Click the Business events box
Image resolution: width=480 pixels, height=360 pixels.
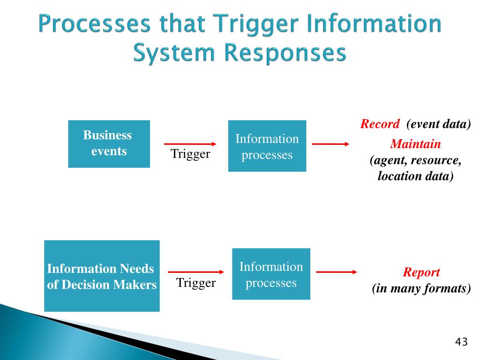click(109, 144)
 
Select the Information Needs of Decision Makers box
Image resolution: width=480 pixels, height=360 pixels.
click(102, 276)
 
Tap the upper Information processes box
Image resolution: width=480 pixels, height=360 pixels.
click(267, 146)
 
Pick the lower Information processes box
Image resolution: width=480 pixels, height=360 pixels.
click(271, 274)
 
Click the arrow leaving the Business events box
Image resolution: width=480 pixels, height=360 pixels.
click(190, 144)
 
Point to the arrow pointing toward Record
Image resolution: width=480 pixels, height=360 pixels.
click(330, 144)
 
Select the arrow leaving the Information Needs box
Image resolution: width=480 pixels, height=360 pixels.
click(195, 271)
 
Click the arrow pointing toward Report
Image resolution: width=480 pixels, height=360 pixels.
click(336, 271)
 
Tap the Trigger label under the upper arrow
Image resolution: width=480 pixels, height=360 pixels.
click(190, 154)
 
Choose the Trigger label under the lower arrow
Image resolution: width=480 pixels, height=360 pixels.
click(195, 283)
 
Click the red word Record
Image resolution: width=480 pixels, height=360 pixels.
click(380, 124)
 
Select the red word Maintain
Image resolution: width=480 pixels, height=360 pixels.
click(415, 144)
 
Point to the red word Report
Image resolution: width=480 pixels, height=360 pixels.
click(421, 272)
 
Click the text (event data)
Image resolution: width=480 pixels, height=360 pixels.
click(438, 124)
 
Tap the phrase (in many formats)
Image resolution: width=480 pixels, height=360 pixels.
click(421, 288)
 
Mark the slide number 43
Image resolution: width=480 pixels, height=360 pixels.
click(461, 342)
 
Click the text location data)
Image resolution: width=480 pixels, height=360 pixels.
click(415, 176)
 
